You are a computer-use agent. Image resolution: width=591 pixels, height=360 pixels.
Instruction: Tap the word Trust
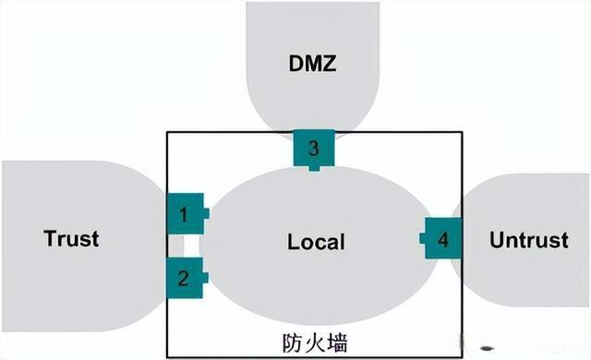coord(71,239)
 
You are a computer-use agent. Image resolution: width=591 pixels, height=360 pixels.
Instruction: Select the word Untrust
coord(528,240)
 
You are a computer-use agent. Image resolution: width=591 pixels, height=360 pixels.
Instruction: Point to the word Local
coord(316,242)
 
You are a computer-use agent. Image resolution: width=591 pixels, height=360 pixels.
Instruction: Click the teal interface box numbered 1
coord(184,215)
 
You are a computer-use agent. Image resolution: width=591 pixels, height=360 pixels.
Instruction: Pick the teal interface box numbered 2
coord(184,277)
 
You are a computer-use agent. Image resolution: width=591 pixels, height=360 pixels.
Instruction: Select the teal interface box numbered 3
coord(314,148)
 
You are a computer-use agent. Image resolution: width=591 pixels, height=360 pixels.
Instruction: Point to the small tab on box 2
coord(205,277)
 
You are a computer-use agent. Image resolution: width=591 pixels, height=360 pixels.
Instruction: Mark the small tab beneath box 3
coord(314,167)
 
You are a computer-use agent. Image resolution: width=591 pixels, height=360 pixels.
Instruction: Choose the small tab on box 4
coord(422,239)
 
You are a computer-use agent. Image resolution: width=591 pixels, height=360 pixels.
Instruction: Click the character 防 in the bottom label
coord(290,341)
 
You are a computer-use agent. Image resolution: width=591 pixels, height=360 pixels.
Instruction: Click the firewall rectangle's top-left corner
coord(167,133)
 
